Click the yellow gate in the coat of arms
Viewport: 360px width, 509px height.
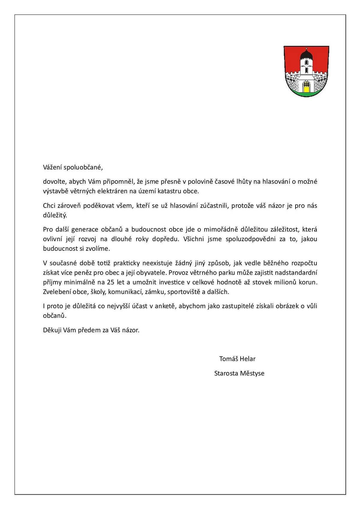pyautogui.click(x=306, y=88)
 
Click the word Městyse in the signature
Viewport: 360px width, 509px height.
pyautogui.click(x=252, y=373)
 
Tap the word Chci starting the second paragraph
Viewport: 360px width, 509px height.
pyautogui.click(x=49, y=206)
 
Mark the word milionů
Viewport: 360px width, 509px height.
pyautogui.click(x=285, y=282)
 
